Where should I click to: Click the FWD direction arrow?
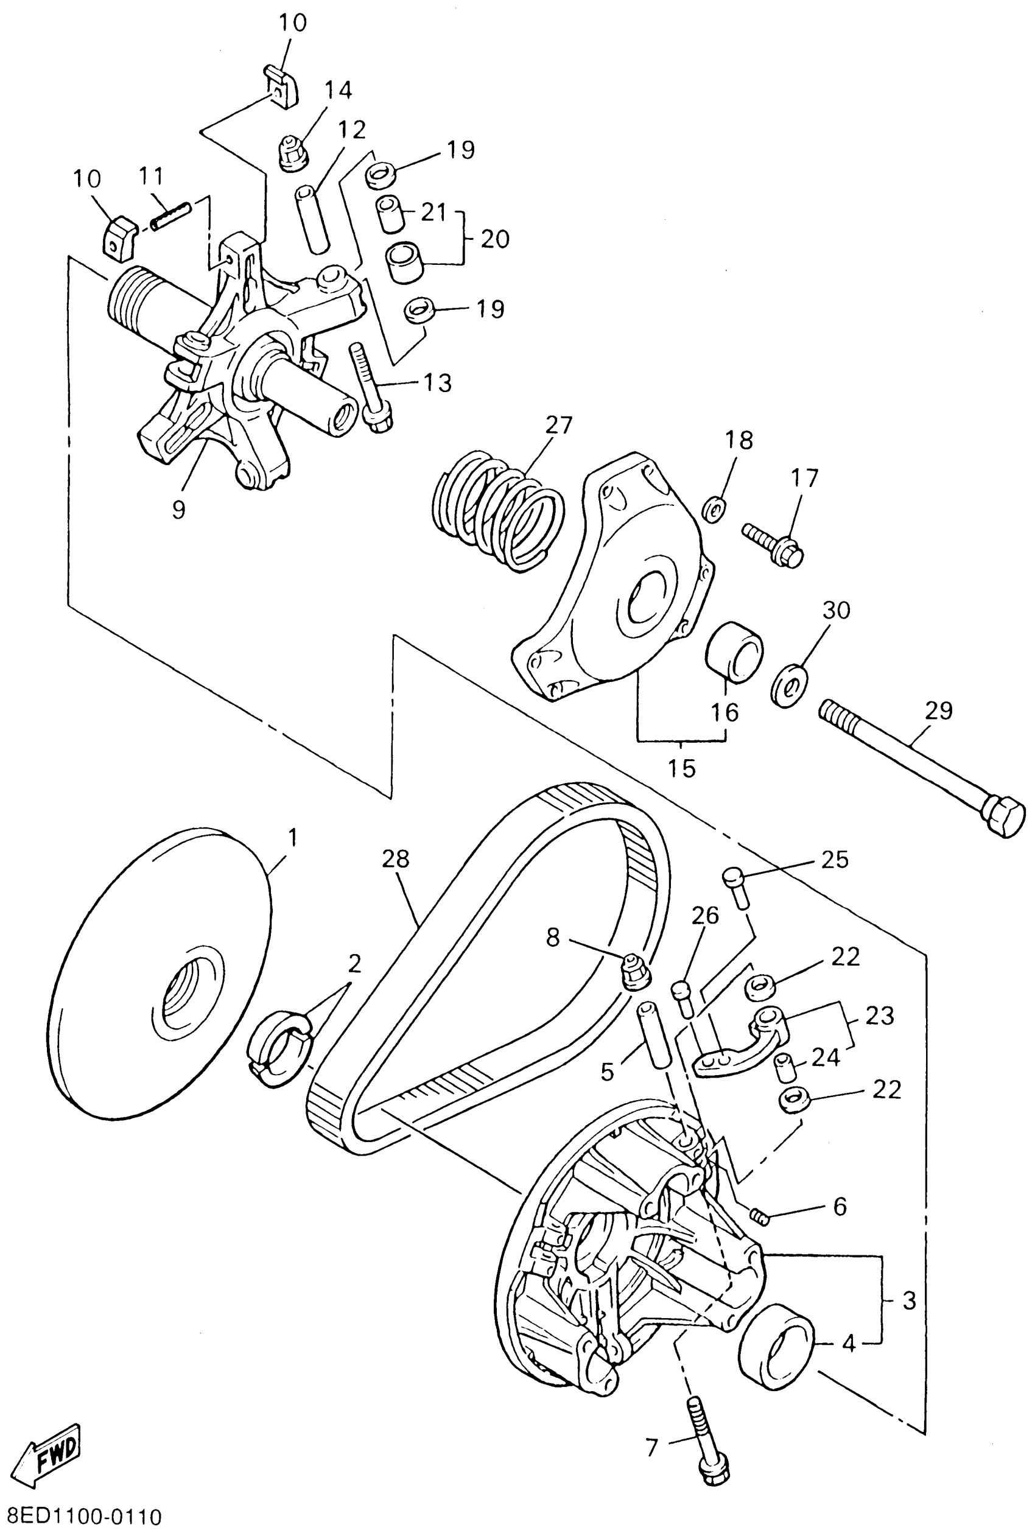[49, 1451]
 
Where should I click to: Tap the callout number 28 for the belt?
[395, 858]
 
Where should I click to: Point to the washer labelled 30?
[790, 687]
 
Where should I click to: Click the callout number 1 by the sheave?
[292, 839]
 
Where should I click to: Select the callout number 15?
[681, 768]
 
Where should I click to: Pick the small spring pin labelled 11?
[172, 216]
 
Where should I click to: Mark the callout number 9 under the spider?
[179, 509]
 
